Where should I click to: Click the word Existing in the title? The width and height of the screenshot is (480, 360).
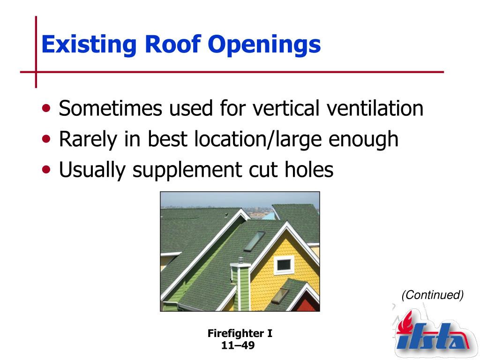point(89,45)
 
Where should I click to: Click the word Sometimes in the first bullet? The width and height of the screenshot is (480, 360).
point(110,108)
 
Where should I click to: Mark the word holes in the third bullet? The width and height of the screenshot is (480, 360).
point(309,169)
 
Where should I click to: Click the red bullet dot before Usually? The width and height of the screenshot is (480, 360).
point(46,170)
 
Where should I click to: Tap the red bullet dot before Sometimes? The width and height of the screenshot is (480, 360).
point(46,108)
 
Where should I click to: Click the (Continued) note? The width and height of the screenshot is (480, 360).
point(433,295)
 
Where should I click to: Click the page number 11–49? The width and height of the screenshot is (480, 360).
point(238,345)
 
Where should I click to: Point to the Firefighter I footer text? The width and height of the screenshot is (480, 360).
point(240,333)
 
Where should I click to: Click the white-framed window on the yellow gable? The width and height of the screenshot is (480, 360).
point(284,265)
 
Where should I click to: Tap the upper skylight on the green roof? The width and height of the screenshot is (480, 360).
point(254,241)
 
